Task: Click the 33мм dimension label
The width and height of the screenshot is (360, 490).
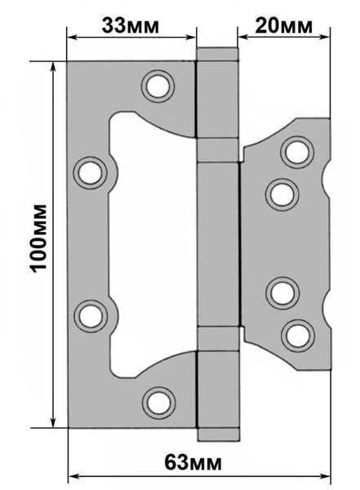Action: (x=130, y=25)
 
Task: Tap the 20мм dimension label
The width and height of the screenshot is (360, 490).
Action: (x=283, y=25)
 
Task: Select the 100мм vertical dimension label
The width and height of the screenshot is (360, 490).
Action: (x=39, y=238)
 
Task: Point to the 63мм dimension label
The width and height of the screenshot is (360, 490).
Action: (x=193, y=463)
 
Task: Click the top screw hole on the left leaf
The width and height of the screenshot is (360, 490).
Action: (x=158, y=87)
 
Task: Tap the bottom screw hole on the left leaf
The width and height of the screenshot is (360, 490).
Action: (x=158, y=403)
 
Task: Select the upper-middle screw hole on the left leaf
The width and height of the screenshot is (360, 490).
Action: (x=91, y=173)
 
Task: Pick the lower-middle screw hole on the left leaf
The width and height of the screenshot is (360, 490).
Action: (x=91, y=316)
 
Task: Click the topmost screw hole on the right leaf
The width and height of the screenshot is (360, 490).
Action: (x=297, y=152)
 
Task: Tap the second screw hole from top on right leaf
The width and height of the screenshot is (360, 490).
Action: (x=282, y=194)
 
